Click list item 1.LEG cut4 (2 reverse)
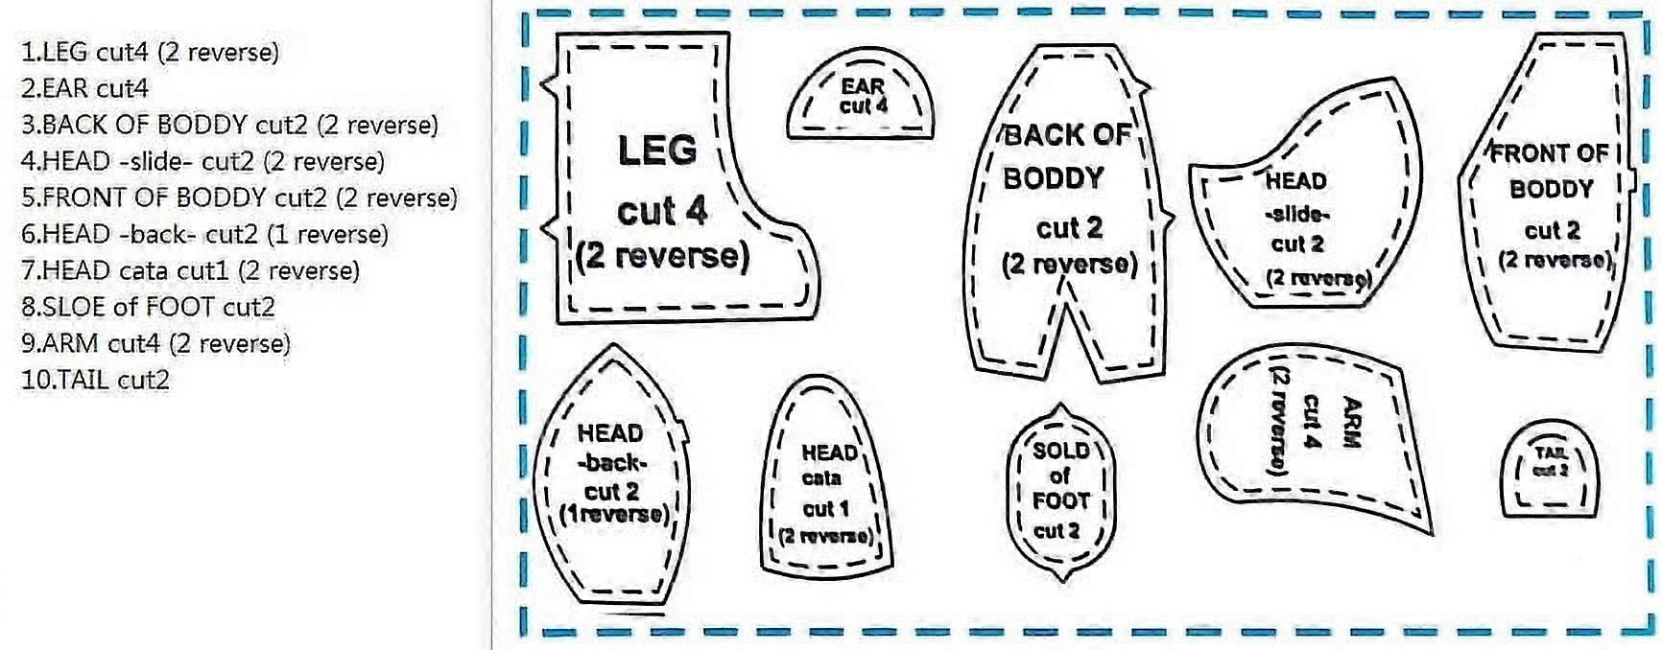pyautogui.click(x=150, y=52)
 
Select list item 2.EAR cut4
pyautogui.click(x=84, y=88)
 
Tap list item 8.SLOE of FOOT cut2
pyautogui.click(x=148, y=307)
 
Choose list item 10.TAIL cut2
pyautogui.click(x=95, y=380)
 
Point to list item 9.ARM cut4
pyautogui.click(x=155, y=343)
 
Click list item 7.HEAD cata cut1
pyautogui.click(x=190, y=270)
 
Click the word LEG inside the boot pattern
pyautogui.click(x=657, y=151)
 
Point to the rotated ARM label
pyautogui.click(x=1351, y=423)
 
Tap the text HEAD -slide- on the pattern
pyautogui.click(x=1296, y=197)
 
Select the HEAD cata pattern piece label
pyautogui.click(x=828, y=464)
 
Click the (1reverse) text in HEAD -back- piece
pyautogui.click(x=615, y=513)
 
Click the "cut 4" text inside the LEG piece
pyautogui.click(x=661, y=211)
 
